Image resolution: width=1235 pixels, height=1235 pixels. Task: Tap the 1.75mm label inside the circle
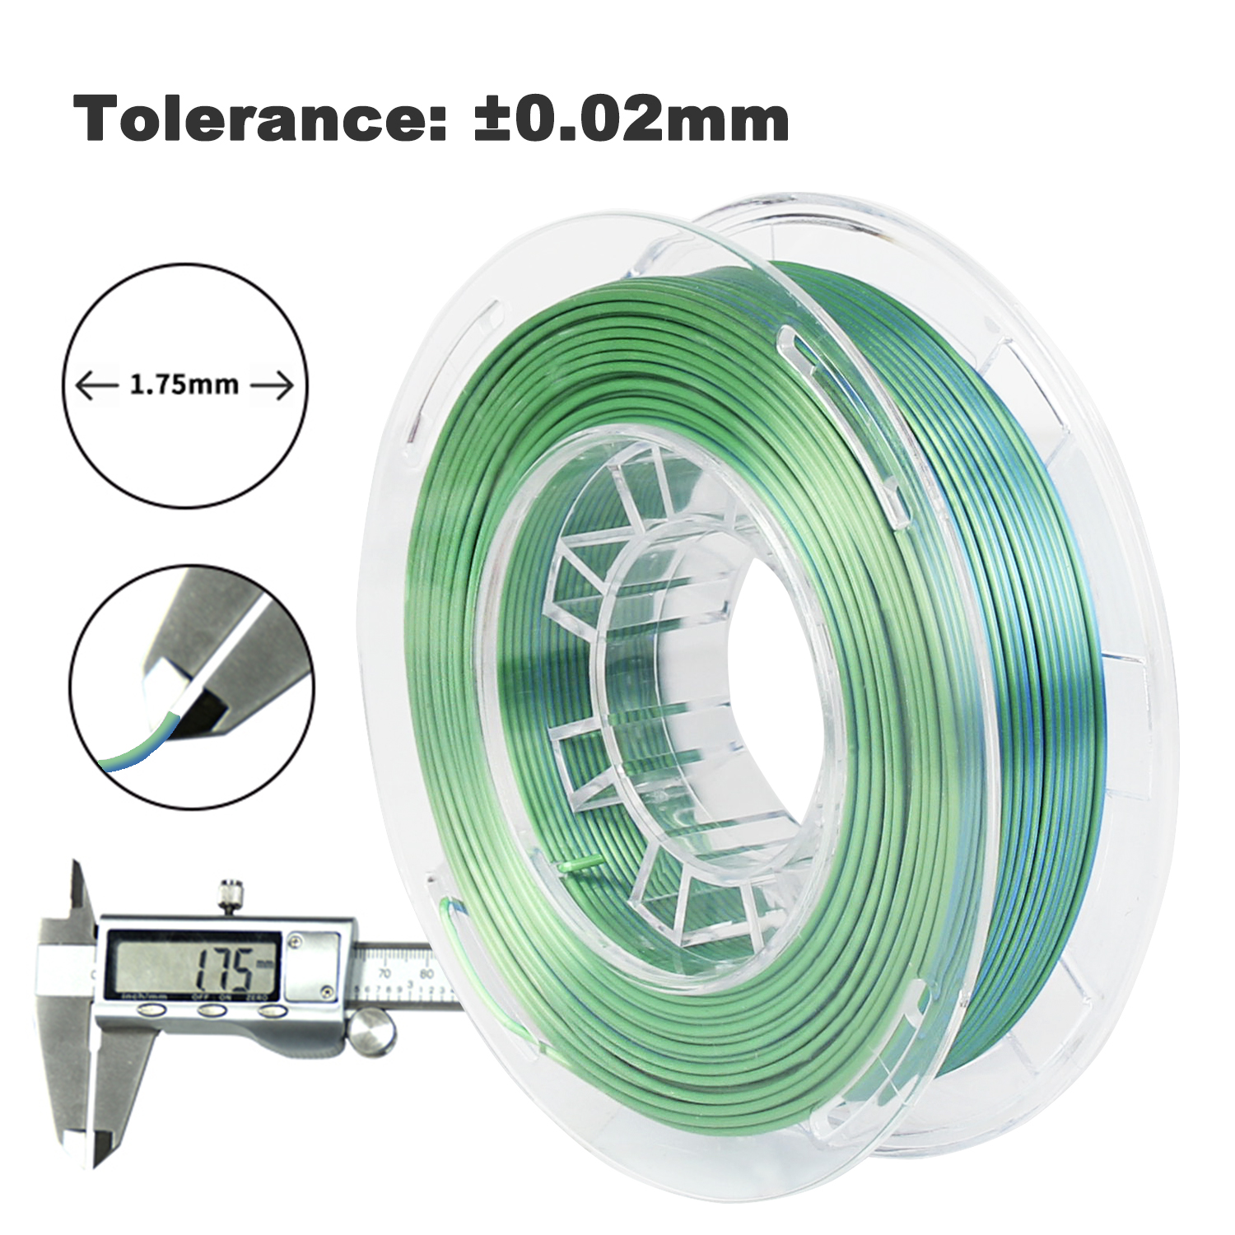(x=184, y=384)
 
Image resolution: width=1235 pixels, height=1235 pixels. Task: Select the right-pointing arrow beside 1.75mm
(x=272, y=385)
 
